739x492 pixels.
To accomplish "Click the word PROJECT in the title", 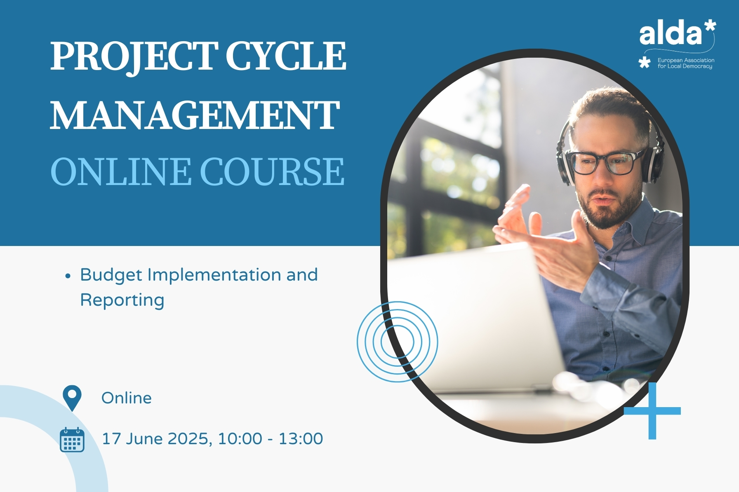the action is click(x=134, y=57).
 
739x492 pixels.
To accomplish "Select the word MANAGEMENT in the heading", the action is click(x=195, y=115).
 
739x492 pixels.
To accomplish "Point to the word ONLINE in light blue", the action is click(x=121, y=172).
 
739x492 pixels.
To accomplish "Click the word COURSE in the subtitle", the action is click(x=272, y=172).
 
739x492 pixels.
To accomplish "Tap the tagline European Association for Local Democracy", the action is click(x=686, y=63).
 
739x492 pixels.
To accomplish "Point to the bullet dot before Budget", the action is click(x=68, y=276).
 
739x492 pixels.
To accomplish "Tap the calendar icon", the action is click(x=72, y=440).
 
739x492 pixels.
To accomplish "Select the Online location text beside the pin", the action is click(x=127, y=398).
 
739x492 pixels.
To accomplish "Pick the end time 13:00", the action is click(x=301, y=439).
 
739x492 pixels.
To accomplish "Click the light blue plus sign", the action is click(x=652, y=411).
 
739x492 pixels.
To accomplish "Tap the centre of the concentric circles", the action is click(x=398, y=342).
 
